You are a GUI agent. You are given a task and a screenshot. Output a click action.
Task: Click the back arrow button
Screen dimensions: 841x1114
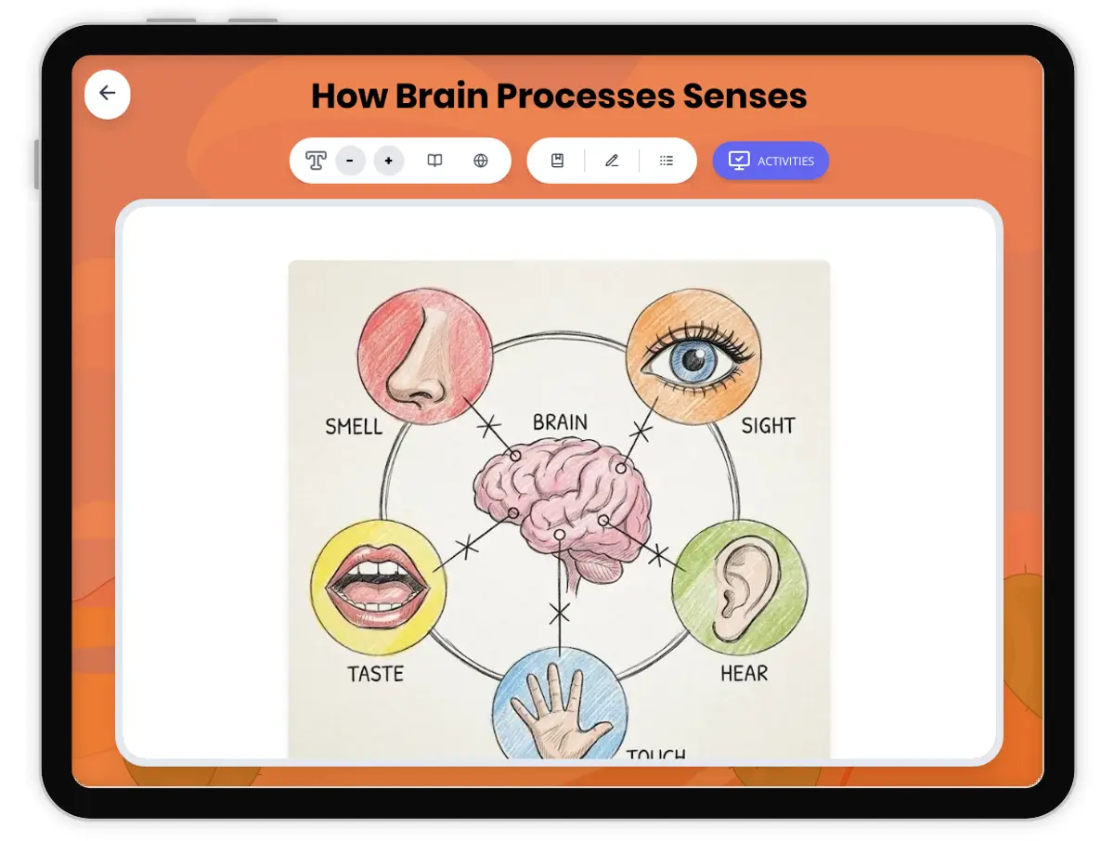click(108, 94)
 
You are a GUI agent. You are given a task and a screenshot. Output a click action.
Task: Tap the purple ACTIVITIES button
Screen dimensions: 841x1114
click(771, 161)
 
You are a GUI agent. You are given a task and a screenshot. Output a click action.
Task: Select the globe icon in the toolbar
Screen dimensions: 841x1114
click(481, 161)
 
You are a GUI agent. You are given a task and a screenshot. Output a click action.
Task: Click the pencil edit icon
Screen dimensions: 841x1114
click(612, 161)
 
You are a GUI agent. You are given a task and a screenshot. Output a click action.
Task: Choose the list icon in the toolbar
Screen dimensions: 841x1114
click(667, 161)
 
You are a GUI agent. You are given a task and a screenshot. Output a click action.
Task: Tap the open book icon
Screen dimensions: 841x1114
click(434, 161)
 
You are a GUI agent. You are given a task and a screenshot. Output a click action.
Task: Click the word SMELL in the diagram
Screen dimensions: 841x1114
click(354, 427)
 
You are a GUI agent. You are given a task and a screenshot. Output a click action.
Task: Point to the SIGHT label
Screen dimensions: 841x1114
click(768, 426)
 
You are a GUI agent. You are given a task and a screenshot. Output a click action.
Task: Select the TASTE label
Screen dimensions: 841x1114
click(376, 673)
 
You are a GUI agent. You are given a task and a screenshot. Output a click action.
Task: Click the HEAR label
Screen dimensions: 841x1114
click(745, 672)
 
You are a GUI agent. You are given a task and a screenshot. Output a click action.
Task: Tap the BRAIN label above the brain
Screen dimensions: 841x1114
click(560, 423)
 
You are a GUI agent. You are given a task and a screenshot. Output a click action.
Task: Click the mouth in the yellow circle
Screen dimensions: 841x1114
click(378, 588)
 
